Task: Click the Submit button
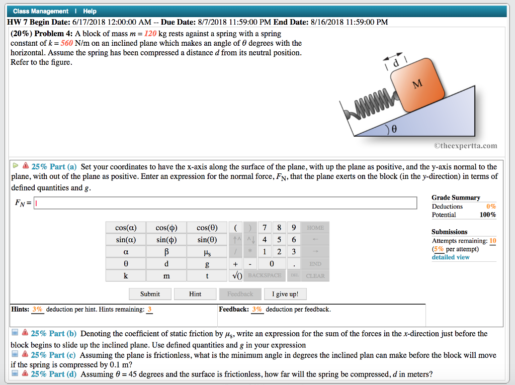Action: [150, 294]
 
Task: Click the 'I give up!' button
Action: [285, 294]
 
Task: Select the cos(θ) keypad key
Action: [207, 228]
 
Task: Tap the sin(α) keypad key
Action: [125, 240]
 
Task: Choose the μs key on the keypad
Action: [207, 252]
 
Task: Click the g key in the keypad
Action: [207, 264]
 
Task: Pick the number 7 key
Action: [265, 228]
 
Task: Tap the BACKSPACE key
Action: [265, 275]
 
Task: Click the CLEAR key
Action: [315, 275]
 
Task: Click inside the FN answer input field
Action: [225, 203]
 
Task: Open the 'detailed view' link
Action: [451, 257]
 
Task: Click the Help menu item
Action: [90, 11]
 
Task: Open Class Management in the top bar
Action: [41, 11]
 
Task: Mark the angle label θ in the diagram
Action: [394, 129]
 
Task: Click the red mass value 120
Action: [150, 34]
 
